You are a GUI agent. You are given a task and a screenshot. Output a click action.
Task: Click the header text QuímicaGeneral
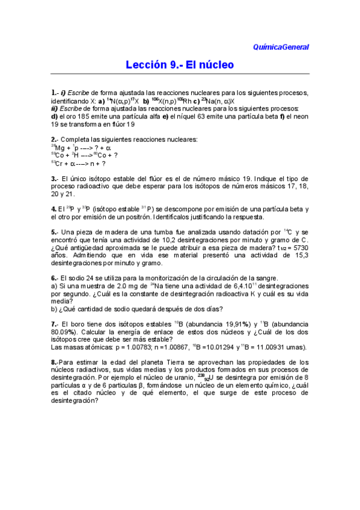click(x=281, y=46)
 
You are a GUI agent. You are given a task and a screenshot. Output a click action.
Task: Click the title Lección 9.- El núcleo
click(x=180, y=64)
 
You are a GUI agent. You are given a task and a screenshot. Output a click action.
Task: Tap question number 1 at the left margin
click(x=53, y=93)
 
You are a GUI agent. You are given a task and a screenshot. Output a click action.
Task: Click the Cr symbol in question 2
click(x=59, y=163)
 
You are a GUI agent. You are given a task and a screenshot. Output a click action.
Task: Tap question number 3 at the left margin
click(x=53, y=179)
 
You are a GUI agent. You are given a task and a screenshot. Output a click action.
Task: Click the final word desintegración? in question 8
click(x=78, y=401)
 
